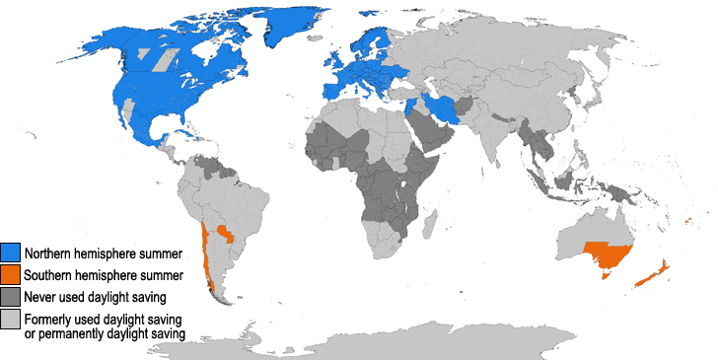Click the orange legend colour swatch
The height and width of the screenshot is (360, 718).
coord(11,274)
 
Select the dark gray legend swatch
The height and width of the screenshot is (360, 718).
coord(11,296)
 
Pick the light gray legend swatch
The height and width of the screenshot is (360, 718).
coord(11,318)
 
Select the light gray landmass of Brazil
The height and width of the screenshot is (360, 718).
coord(247,207)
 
